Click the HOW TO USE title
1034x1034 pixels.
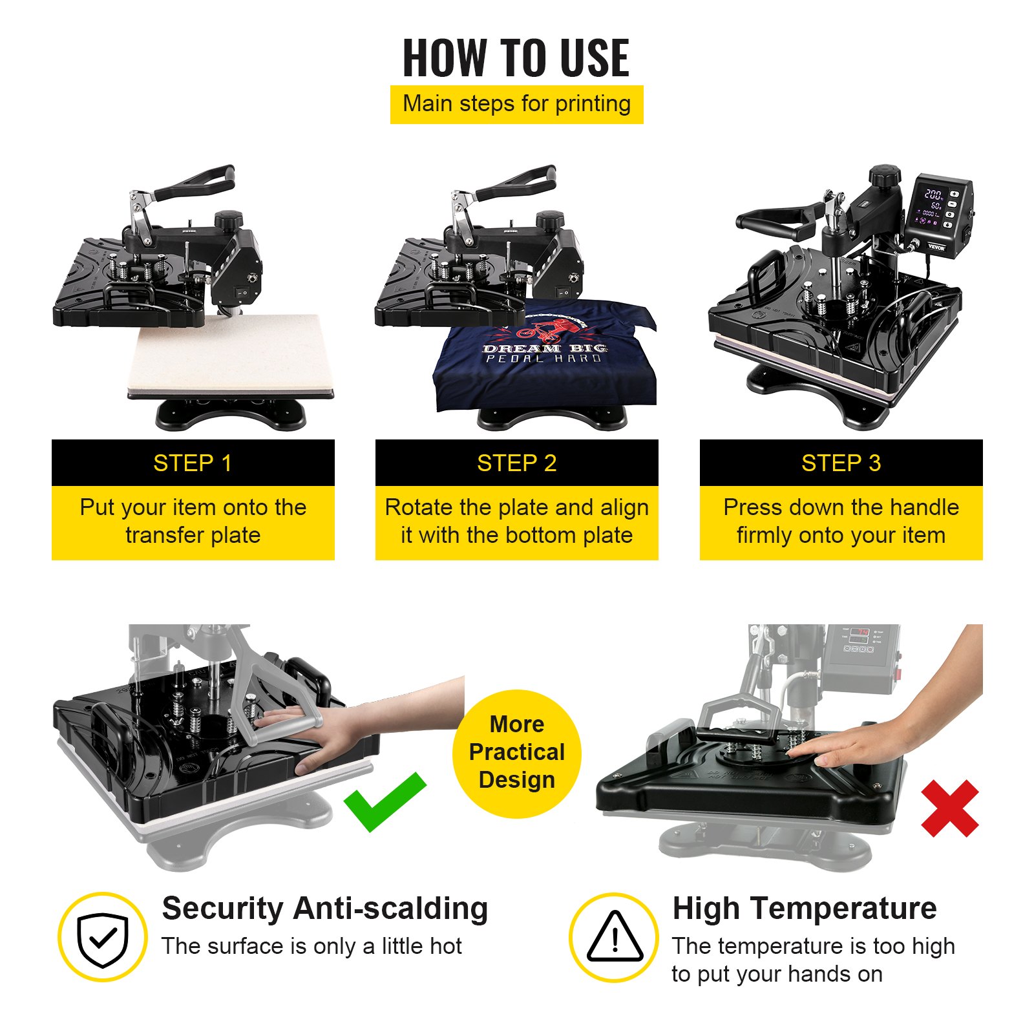(516, 58)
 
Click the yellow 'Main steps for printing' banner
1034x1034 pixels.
(516, 104)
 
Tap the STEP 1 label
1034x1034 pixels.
(193, 463)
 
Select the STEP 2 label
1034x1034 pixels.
(516, 463)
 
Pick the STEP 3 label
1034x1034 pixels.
(841, 463)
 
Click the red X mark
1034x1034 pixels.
(949, 808)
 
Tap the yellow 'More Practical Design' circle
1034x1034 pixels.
(516, 753)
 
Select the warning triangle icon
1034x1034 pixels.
(614, 938)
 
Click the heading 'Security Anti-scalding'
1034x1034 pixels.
(324, 908)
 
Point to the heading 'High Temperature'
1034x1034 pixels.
(804, 908)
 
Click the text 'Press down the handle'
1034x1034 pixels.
(841, 507)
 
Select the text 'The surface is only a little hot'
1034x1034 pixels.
(311, 946)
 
